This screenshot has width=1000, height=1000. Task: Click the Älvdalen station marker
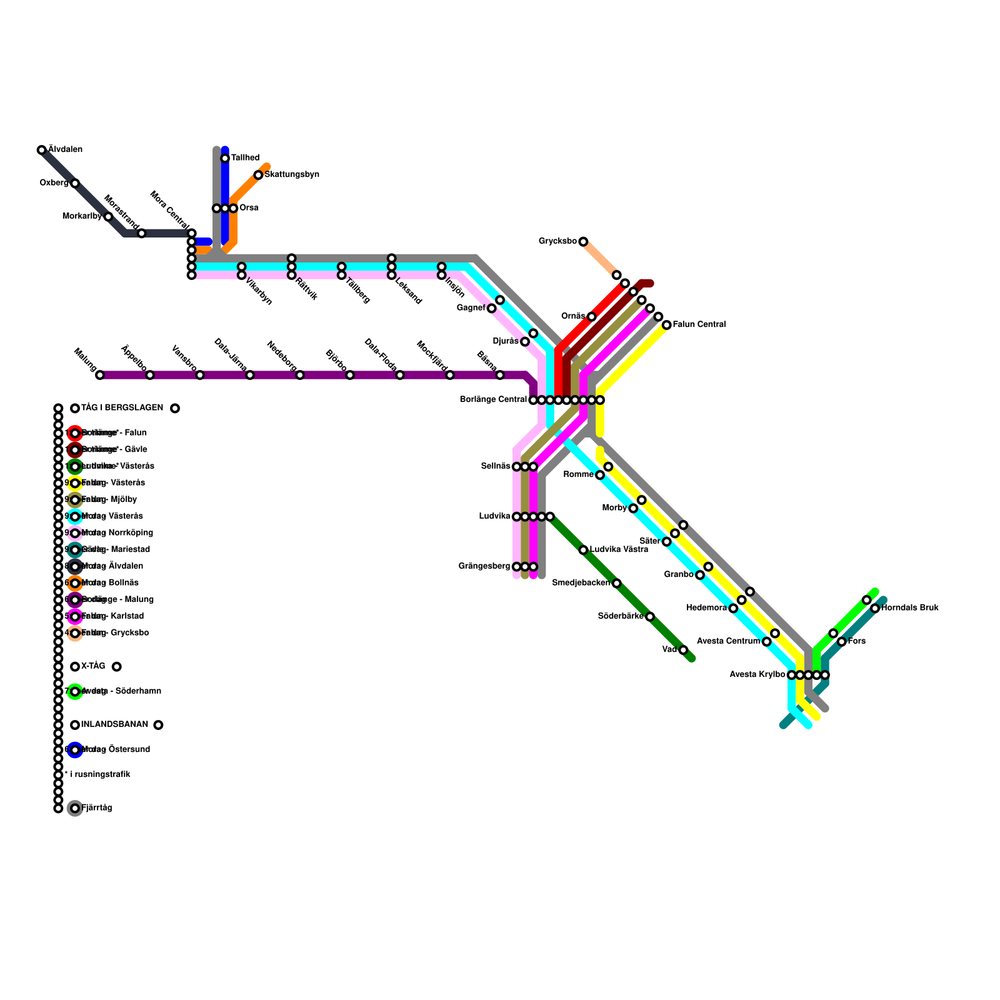(41, 150)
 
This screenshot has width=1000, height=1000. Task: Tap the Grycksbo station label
(557, 241)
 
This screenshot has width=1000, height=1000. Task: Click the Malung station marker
(100, 375)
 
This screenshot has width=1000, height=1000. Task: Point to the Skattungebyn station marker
(258, 175)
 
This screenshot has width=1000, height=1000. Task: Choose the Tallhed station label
(245, 158)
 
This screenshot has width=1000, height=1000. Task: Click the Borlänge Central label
(493, 400)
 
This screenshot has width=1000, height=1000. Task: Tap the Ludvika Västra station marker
(583, 550)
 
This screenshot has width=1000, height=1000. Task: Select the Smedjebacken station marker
(616, 583)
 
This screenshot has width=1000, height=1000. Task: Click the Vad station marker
(683, 650)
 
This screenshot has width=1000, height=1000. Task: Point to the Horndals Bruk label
(909, 608)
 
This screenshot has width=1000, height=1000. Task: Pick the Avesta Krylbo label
(757, 675)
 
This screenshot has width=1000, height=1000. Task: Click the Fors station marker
(842, 642)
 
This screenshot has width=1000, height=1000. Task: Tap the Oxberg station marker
(75, 183)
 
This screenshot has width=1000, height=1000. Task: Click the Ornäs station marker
(591, 317)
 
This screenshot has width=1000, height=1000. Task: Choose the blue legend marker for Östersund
(75, 750)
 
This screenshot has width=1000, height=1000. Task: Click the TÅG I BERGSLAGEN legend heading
(122, 408)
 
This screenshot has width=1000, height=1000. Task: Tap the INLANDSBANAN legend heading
(114, 725)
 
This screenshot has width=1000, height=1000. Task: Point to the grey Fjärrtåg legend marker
(75, 809)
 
